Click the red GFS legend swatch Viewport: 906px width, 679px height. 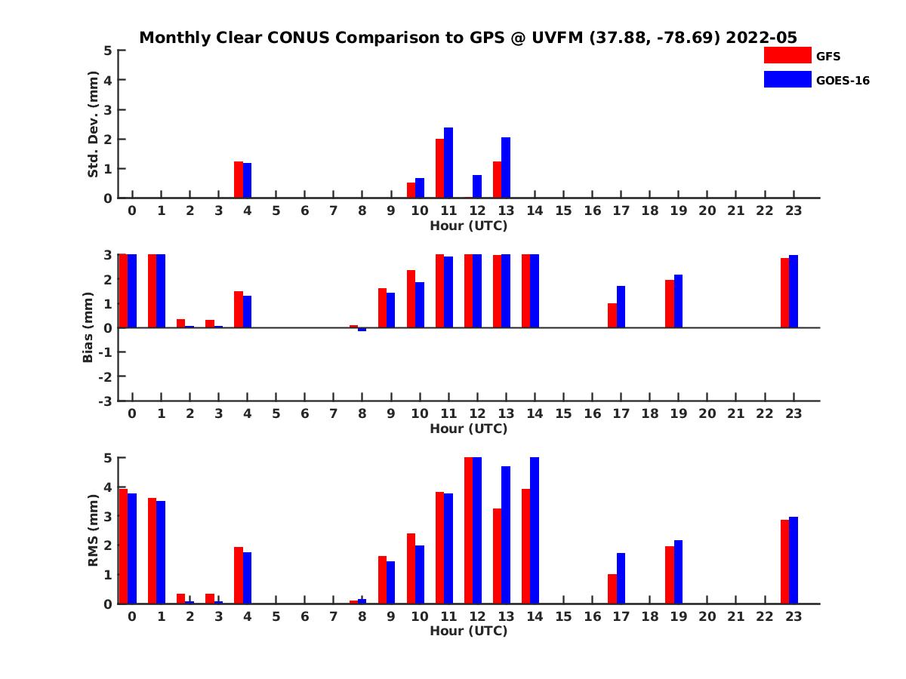point(787,55)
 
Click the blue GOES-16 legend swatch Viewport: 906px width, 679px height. point(787,79)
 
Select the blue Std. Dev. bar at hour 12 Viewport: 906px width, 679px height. point(477,186)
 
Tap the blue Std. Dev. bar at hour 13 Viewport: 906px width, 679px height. point(506,167)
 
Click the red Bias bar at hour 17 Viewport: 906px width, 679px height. point(612,315)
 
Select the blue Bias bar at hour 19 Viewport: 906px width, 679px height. point(678,301)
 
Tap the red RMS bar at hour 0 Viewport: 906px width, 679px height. point(123,546)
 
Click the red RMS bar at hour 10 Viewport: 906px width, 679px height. point(411,568)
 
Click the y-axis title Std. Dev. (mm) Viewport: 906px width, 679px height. point(93,124)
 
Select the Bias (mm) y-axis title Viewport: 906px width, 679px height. point(88,327)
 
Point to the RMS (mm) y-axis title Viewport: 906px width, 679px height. point(93,530)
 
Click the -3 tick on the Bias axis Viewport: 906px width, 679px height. point(105,401)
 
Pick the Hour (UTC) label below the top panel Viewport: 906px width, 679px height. point(468,226)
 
